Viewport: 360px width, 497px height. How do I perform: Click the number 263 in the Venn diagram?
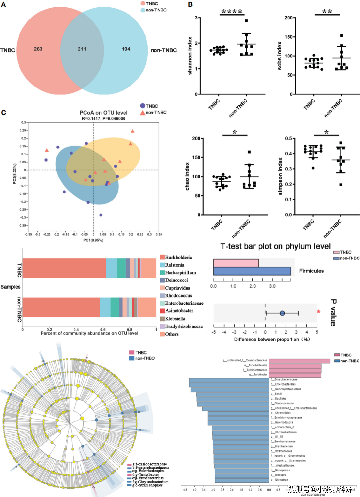coord(38,49)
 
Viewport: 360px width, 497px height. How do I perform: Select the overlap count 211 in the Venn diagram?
coord(82,49)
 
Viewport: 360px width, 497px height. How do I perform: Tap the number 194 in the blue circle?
coord(126,49)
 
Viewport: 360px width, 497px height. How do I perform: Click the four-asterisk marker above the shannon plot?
coord(232,12)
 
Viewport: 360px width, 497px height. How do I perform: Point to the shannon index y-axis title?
coord(190,56)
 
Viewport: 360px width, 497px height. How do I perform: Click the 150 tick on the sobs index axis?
coord(288,37)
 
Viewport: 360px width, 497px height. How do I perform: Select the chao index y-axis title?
coord(187,177)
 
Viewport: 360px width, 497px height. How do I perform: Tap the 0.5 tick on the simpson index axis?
coord(288,138)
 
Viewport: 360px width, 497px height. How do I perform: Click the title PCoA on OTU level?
coord(103,113)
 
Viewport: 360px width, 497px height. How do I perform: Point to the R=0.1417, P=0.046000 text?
coord(103,119)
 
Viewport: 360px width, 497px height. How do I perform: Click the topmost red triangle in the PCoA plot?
coord(133,131)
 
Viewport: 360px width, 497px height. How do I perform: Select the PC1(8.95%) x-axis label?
coord(93,240)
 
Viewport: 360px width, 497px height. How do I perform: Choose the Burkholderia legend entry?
coord(178,257)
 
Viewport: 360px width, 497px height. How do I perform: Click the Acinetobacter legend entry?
coord(179,311)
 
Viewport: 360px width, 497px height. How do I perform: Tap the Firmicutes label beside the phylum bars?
coord(311,271)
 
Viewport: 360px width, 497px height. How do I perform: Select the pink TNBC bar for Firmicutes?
coord(236,263)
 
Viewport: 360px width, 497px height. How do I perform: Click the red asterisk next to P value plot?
coord(319,311)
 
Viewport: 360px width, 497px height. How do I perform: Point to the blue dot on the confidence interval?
coord(282,313)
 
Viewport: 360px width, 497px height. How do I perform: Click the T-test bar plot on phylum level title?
coord(275,247)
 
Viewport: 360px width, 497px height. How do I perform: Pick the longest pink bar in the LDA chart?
coord(299,361)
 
